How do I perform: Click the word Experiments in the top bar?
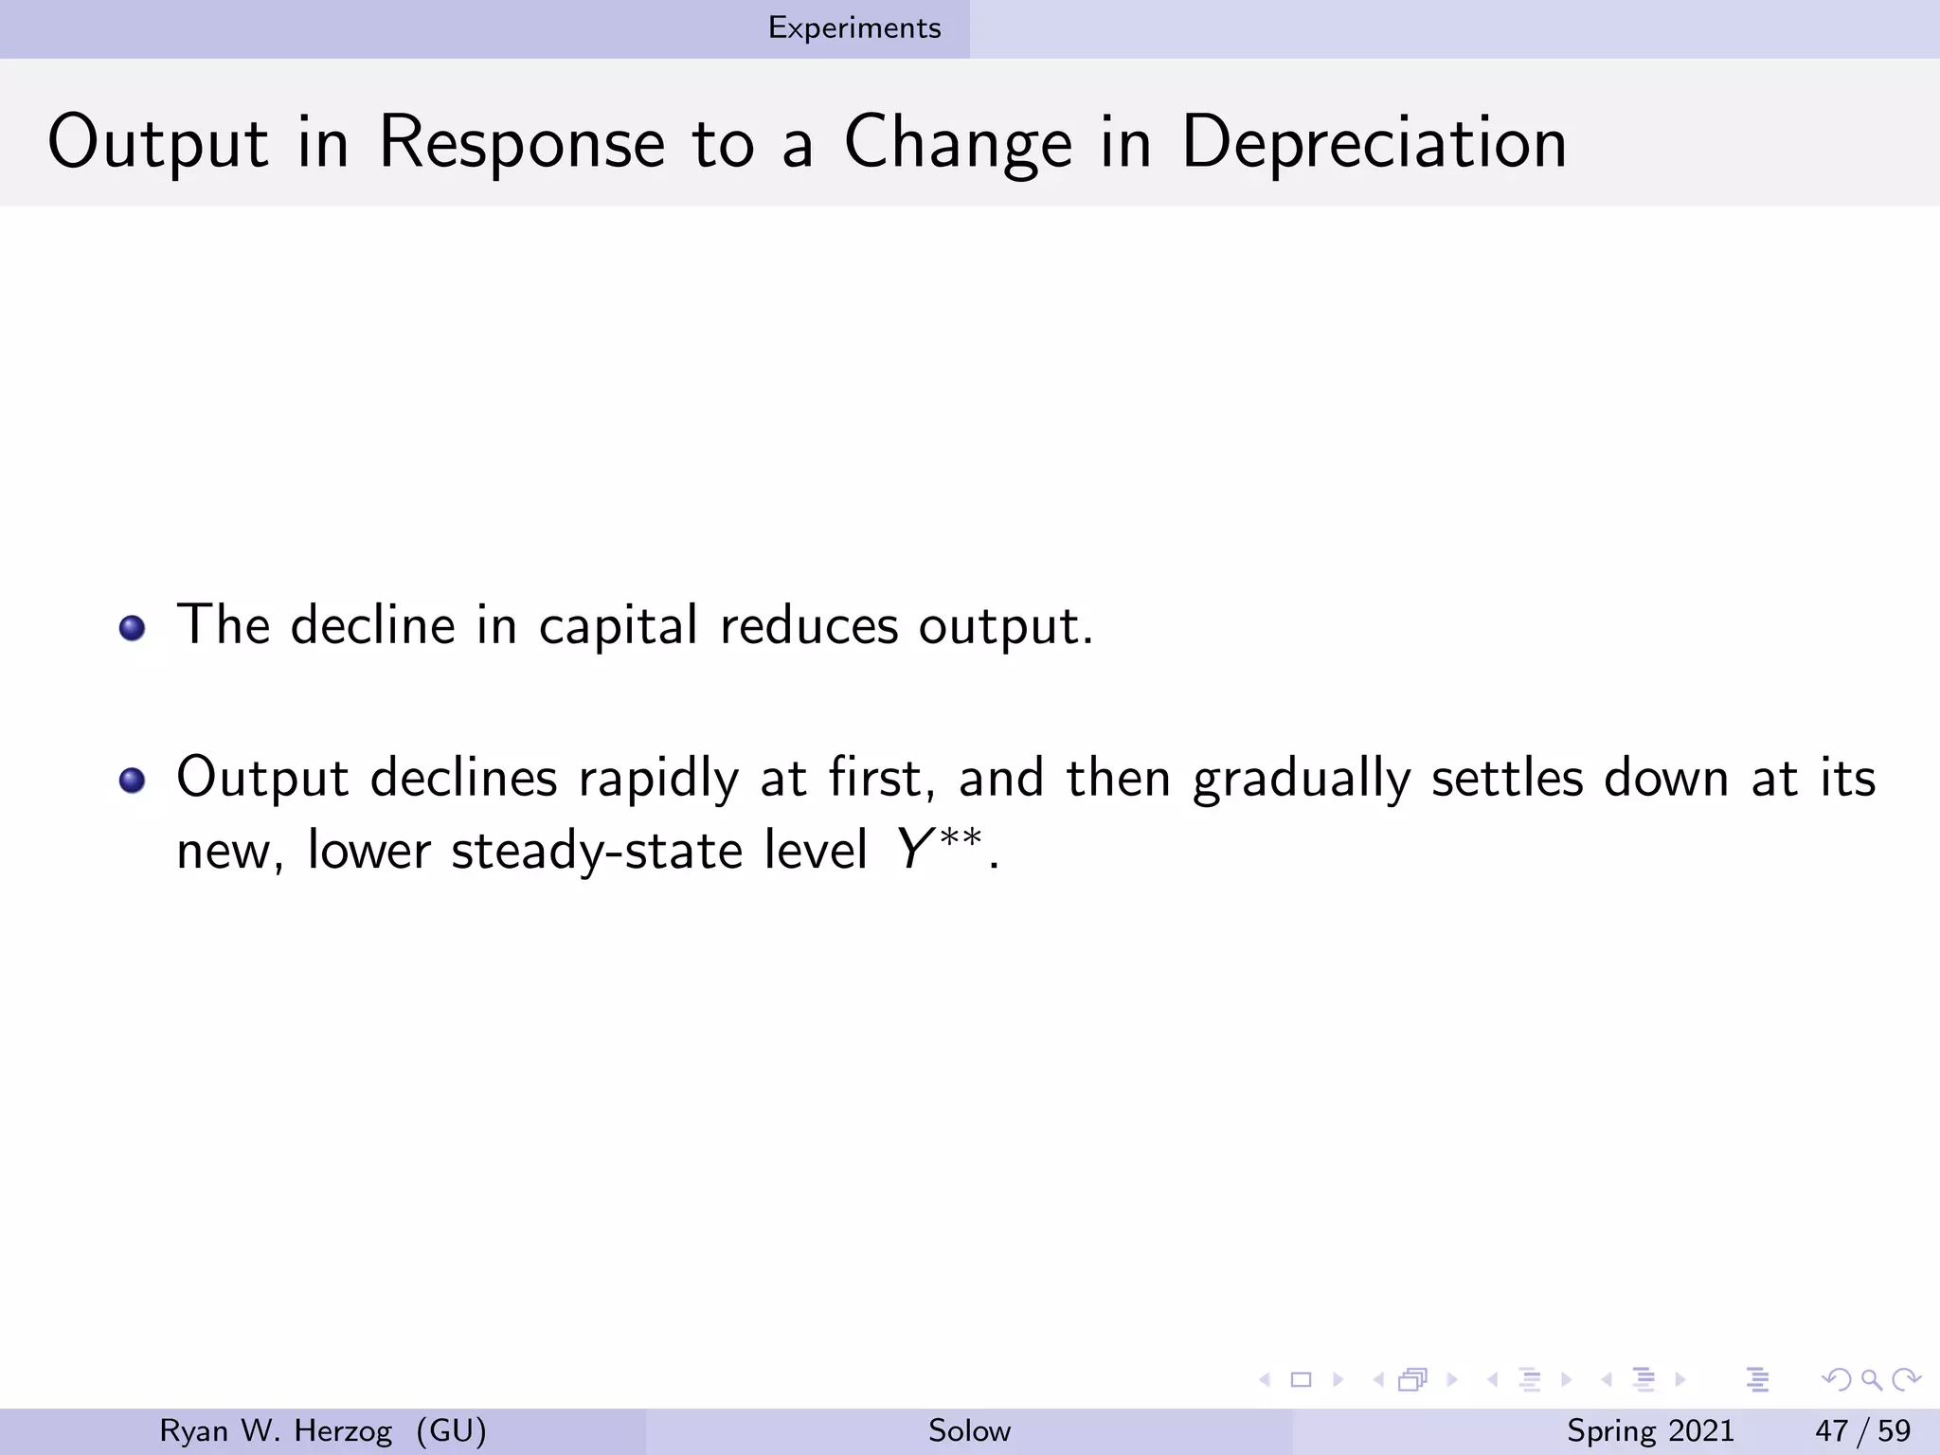[854, 28]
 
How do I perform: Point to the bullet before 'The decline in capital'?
[133, 628]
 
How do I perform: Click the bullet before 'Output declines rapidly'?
[133, 781]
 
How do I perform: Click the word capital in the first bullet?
[619, 626]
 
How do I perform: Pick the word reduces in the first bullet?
[809, 626]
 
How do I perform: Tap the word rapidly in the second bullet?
[658, 779]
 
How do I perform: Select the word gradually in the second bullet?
[1302, 779]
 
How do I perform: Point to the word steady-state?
[597, 850]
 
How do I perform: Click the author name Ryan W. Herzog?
[276, 1430]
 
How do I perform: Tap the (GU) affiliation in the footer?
[451, 1430]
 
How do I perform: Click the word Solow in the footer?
[969, 1430]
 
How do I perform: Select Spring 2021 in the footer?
[1650, 1430]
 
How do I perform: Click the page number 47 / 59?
[1862, 1430]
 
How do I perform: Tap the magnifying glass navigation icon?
[1871, 1379]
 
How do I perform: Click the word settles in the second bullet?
[1507, 779]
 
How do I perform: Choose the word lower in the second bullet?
[368, 850]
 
